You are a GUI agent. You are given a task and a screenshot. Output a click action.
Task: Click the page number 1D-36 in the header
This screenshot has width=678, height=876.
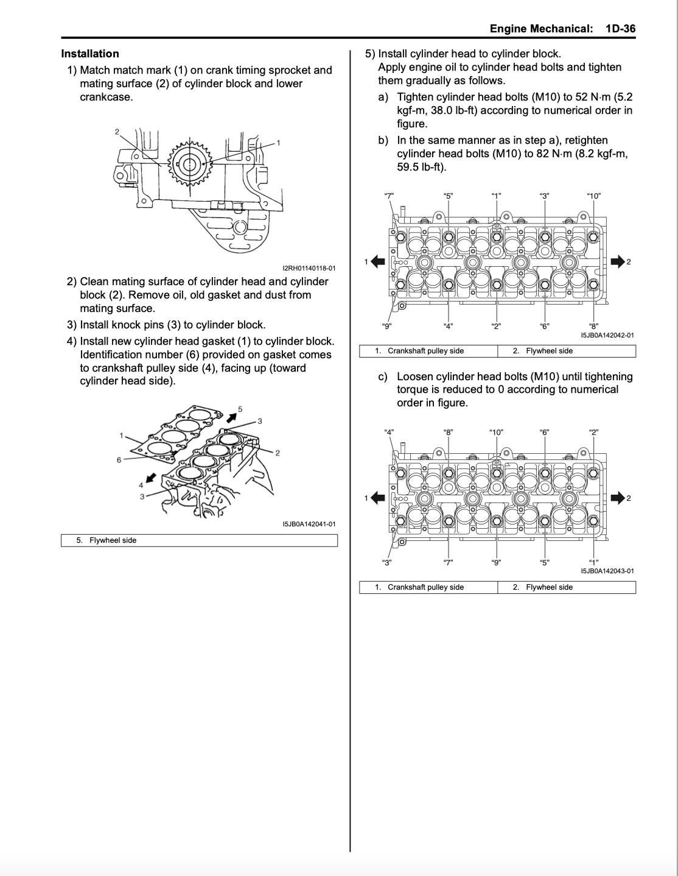pyautogui.click(x=620, y=29)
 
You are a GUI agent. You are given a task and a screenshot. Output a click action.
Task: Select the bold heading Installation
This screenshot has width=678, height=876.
pyautogui.click(x=90, y=54)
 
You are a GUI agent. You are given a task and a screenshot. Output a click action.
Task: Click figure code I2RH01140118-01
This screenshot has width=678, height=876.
pyautogui.click(x=309, y=268)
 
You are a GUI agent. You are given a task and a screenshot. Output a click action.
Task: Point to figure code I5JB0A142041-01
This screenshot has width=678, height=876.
pyautogui.click(x=309, y=524)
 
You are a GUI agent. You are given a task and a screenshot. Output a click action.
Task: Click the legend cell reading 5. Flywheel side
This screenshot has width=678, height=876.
pyautogui.click(x=199, y=540)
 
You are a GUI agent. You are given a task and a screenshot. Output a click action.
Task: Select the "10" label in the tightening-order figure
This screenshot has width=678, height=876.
pyautogui.click(x=593, y=196)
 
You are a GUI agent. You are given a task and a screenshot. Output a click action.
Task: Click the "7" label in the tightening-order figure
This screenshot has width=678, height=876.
pyautogui.click(x=388, y=196)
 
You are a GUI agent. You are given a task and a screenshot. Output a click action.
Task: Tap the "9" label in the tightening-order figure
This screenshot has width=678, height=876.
pyautogui.click(x=386, y=326)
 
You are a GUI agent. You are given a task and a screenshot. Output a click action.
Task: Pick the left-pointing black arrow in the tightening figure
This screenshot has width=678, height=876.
pyautogui.click(x=378, y=262)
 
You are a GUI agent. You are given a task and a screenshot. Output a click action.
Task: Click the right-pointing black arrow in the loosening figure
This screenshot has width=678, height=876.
pyautogui.click(x=618, y=498)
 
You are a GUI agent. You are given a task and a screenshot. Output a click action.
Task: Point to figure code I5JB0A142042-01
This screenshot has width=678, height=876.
pyautogui.click(x=607, y=335)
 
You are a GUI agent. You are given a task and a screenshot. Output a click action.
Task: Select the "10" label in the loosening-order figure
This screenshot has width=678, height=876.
pyautogui.click(x=496, y=433)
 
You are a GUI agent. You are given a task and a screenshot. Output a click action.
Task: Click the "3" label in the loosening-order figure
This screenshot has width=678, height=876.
pyautogui.click(x=386, y=562)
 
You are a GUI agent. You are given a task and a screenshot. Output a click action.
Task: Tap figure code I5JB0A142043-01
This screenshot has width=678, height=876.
pyautogui.click(x=607, y=571)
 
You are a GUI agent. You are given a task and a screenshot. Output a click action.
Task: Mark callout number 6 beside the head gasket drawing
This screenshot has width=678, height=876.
pyautogui.click(x=119, y=460)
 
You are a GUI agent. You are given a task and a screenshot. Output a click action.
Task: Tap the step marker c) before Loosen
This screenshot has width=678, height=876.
pyautogui.click(x=383, y=376)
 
